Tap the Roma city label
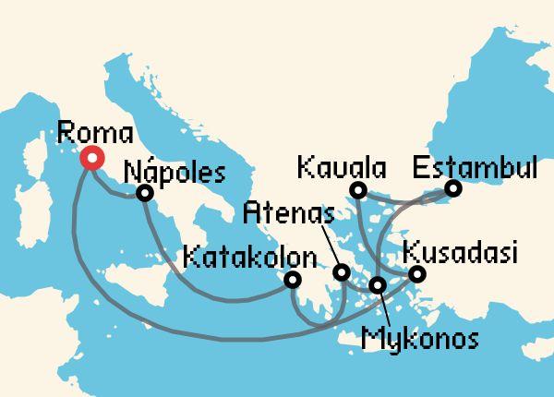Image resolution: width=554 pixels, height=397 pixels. [93, 131]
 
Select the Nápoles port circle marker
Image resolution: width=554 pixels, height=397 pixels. [144, 194]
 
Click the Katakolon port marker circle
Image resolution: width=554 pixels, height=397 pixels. [293, 280]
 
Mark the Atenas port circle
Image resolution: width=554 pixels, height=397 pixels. [342, 272]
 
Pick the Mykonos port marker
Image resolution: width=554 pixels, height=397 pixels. [377, 284]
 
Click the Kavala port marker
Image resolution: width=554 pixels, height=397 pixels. [358, 190]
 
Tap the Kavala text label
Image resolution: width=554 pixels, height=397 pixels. [342, 169]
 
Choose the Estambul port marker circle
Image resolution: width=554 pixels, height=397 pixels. [452, 189]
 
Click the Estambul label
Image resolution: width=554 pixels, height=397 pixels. [475, 167]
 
